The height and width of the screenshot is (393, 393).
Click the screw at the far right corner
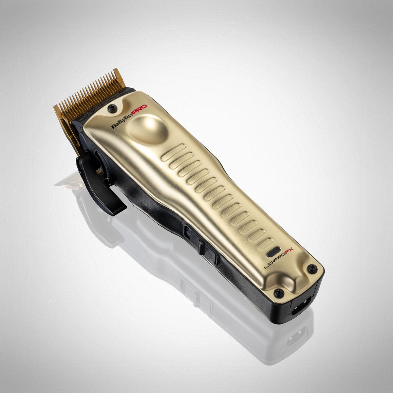point(312,268)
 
